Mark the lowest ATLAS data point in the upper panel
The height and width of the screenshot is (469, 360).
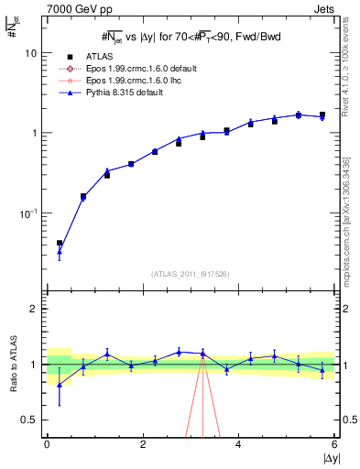click(x=60, y=244)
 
